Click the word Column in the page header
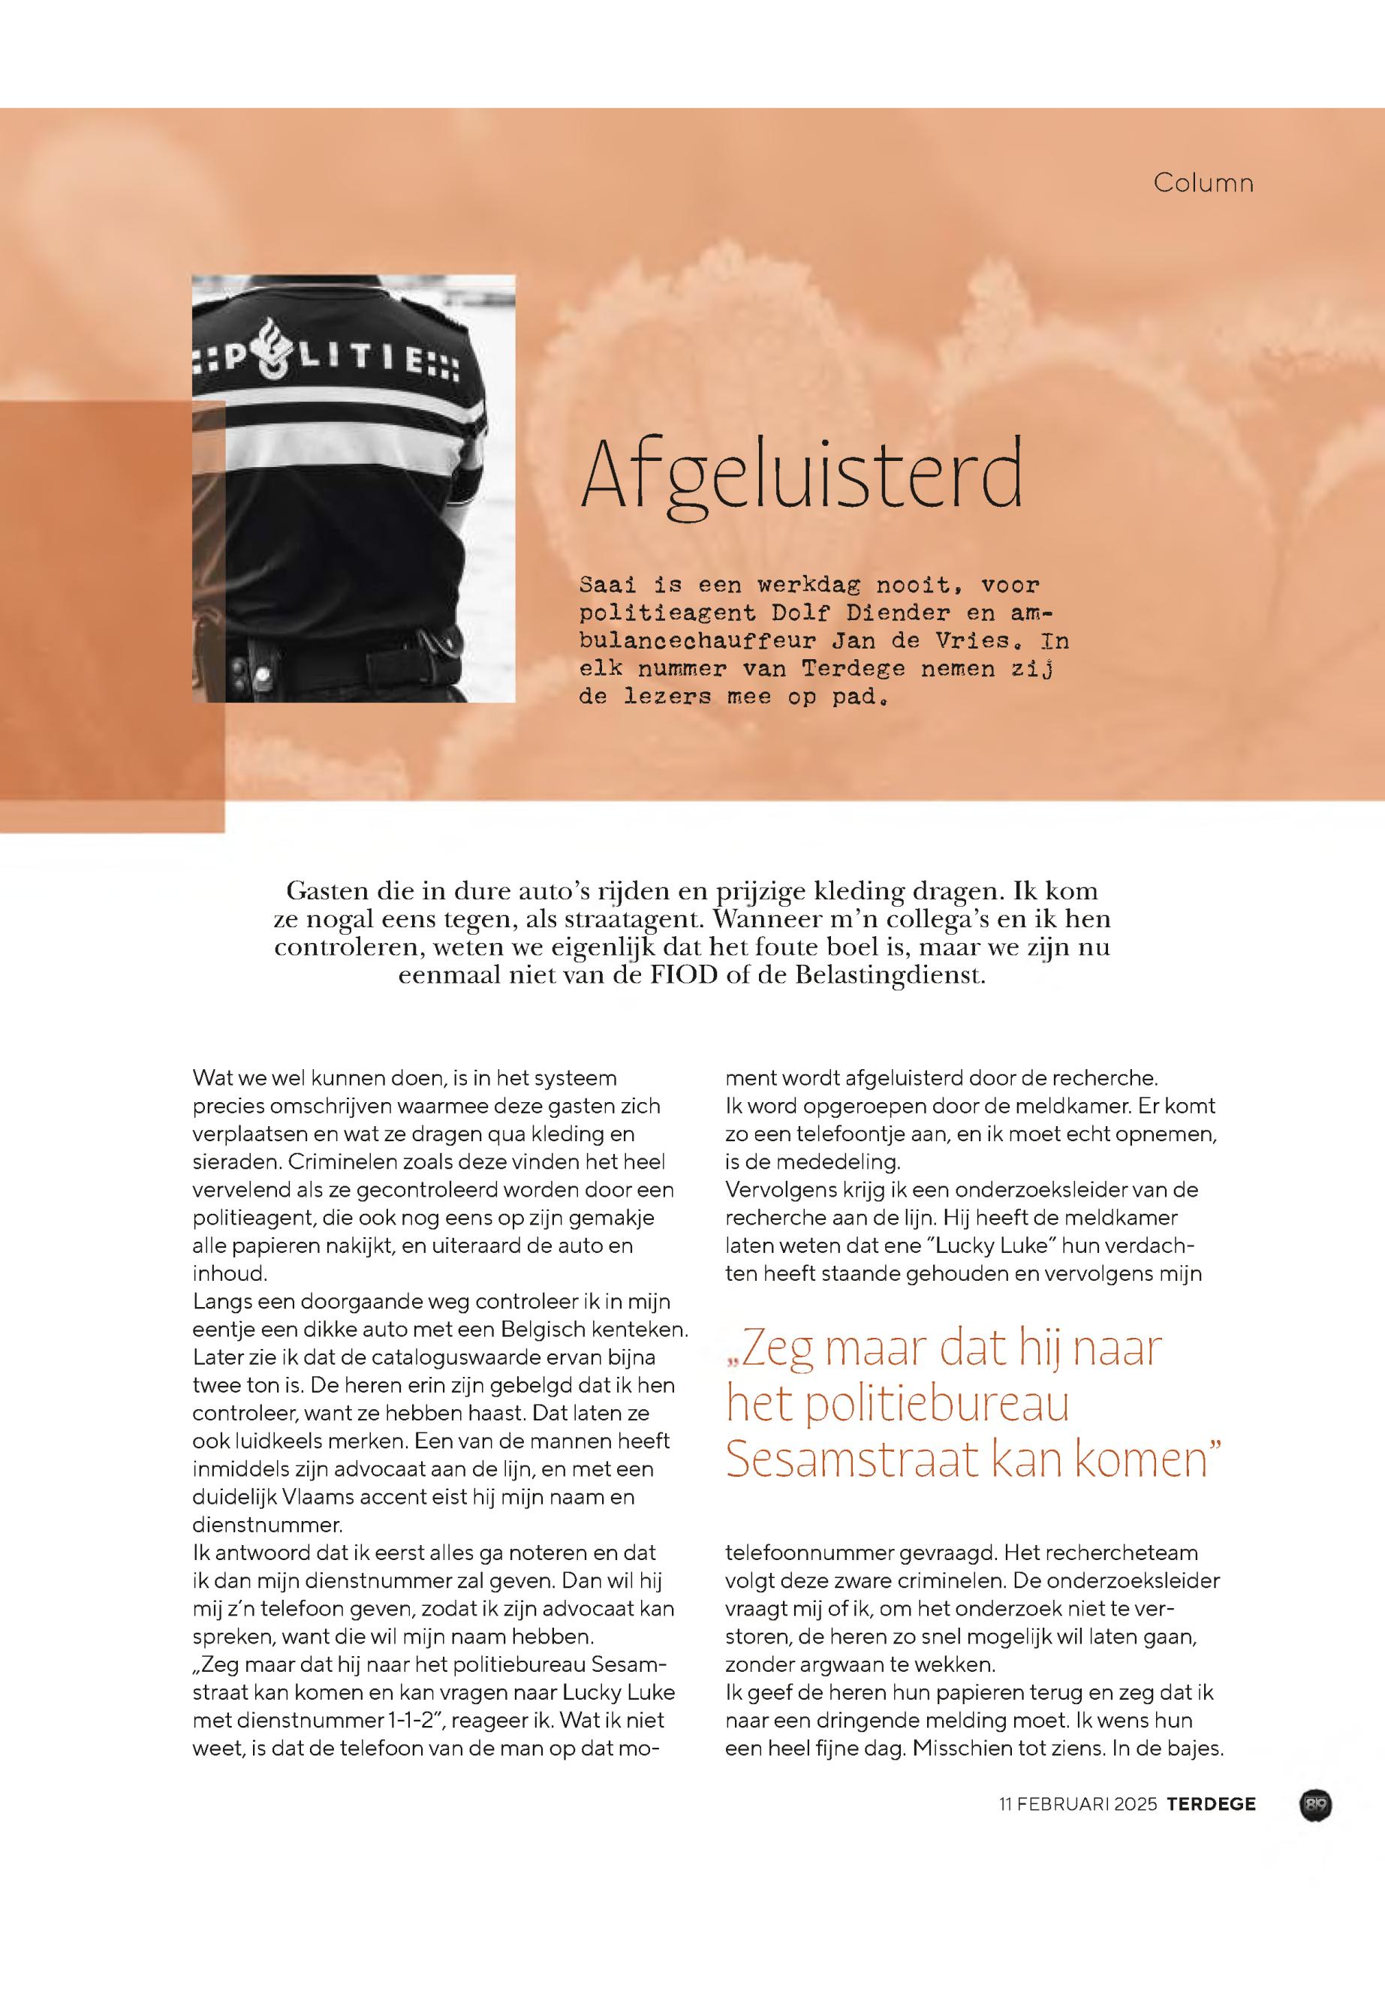pyautogui.click(x=1203, y=183)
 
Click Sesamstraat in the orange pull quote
pyautogui.click(x=850, y=1459)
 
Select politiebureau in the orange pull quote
pyautogui.click(x=936, y=1403)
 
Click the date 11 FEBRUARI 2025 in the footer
pyautogui.click(x=1078, y=1804)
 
